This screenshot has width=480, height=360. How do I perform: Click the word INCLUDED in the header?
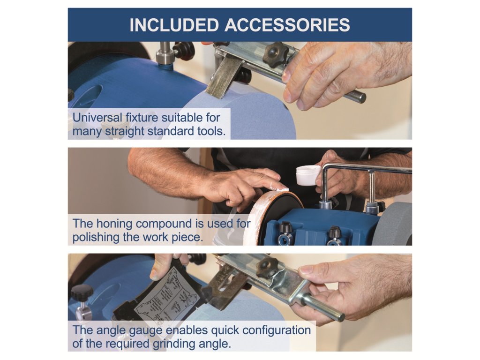pyautogui.click(x=174, y=25)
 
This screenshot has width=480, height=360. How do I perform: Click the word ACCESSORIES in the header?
pyautogui.click(x=287, y=25)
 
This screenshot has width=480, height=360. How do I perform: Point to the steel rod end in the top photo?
pyautogui.click(x=360, y=97)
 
